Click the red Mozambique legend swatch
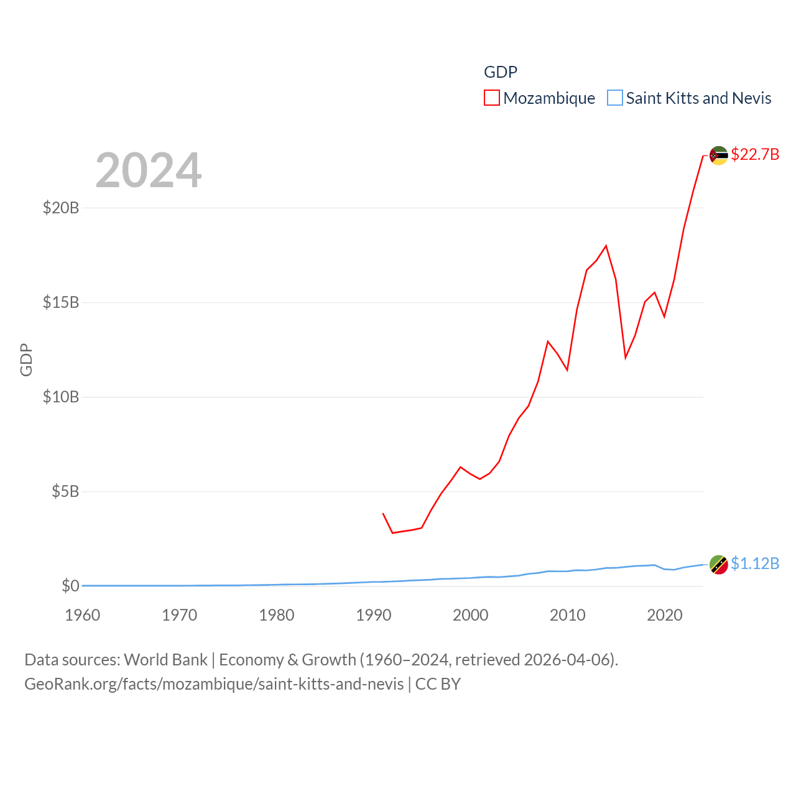492,98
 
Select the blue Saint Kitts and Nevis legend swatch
614,98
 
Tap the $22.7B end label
755,154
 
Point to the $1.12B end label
755,563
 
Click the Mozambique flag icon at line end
719,155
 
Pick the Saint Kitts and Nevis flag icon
719,565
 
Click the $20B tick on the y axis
61,208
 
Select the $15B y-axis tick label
61,303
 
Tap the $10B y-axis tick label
61,397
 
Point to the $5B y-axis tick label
65,492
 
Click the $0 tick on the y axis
70,586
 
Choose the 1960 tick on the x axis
83,615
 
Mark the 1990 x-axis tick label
374,615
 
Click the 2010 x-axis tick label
568,615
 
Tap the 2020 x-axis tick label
665,615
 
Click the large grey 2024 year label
149,170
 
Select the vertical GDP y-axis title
26,359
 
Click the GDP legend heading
501,72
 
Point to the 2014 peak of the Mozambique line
606,246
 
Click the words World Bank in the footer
165,660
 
